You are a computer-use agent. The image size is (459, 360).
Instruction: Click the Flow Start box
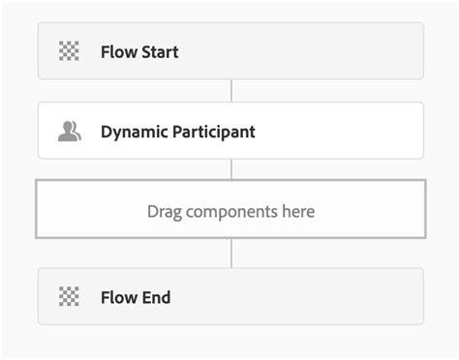coord(230,51)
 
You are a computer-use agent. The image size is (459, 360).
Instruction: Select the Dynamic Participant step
coord(230,131)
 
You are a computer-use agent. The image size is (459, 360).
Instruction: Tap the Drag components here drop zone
coord(230,210)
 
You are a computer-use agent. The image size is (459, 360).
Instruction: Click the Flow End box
coord(230,297)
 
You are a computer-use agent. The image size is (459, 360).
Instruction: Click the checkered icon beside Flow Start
coord(69,51)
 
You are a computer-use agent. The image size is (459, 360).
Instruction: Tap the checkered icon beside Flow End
coord(69,297)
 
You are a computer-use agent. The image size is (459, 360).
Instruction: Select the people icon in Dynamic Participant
coord(69,132)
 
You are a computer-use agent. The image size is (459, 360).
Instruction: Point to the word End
coord(155,297)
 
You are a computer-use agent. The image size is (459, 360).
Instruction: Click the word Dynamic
coord(134,132)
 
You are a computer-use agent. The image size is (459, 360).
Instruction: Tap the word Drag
coord(165,211)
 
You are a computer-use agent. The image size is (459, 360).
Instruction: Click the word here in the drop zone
coord(296,211)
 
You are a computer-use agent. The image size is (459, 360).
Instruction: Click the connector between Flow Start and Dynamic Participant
coord(230,91)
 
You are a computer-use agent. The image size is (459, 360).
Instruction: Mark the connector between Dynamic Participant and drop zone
coord(230,169)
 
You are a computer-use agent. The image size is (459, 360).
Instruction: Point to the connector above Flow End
coord(230,254)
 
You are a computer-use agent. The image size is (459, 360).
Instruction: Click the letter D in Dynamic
coord(106,132)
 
